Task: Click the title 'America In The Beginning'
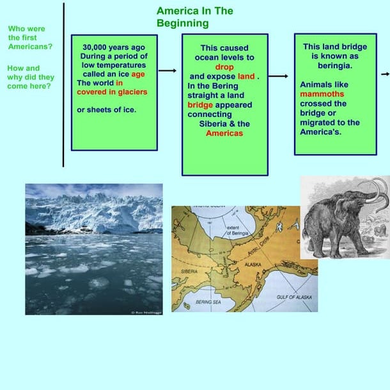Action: pyautogui.click(x=194, y=17)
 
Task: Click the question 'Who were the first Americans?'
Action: pyautogui.click(x=30, y=37)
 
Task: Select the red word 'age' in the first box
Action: pyautogui.click(x=138, y=74)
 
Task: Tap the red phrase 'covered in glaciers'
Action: pyautogui.click(x=112, y=91)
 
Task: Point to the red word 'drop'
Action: pyautogui.click(x=224, y=67)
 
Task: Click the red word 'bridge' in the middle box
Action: pyautogui.click(x=200, y=105)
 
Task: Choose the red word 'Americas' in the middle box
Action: pyautogui.click(x=224, y=133)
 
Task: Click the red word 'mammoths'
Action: pyautogui.click(x=322, y=94)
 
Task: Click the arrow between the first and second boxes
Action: pyautogui.click(x=168, y=71)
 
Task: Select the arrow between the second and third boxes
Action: pyautogui.click(x=279, y=76)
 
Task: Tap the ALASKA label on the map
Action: pyautogui.click(x=254, y=263)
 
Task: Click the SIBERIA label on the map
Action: pyautogui.click(x=190, y=272)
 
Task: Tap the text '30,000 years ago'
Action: pyautogui.click(x=114, y=47)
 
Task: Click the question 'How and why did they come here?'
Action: pyautogui.click(x=29, y=77)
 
